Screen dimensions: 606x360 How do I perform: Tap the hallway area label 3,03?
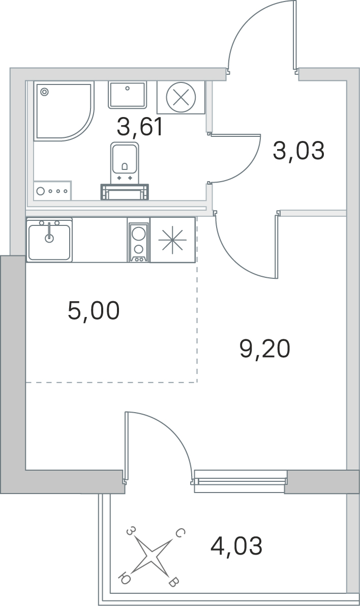coord(298,151)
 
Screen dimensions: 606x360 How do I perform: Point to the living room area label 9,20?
coord(264,349)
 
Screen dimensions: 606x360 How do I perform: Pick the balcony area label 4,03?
coord(236,546)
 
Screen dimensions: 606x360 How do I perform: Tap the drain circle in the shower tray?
coord(44,92)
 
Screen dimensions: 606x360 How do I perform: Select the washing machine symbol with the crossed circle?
coord(180,97)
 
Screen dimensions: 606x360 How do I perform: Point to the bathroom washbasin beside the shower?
coord(127,95)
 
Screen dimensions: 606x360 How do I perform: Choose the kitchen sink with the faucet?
coord(49,240)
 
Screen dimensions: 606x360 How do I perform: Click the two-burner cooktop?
coord(138,240)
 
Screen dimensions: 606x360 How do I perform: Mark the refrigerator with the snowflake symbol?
coord(172,240)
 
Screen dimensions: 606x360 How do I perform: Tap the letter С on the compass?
coord(179,533)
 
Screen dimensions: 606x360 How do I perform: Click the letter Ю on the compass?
coord(124,577)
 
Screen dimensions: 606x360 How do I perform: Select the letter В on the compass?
coord(173,582)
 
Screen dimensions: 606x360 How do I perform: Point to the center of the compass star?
coord(151,556)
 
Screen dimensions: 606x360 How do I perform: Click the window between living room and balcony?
coord(241,480)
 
